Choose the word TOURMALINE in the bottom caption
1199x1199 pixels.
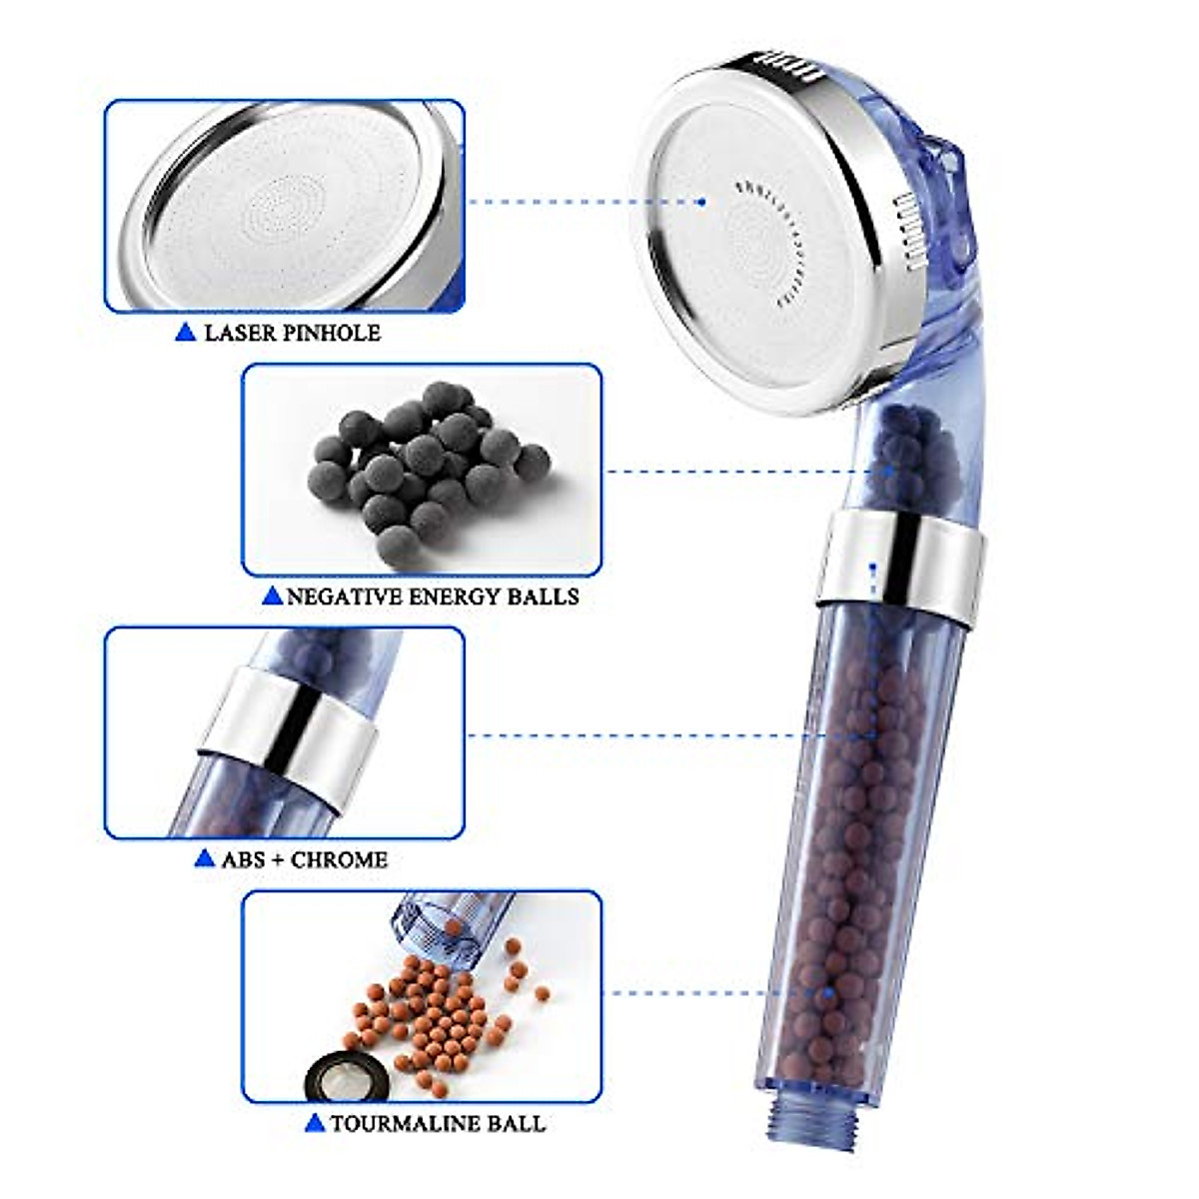pyautogui.click(x=407, y=1123)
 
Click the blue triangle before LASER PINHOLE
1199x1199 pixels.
pyautogui.click(x=185, y=333)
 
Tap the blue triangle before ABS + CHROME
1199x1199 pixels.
pyautogui.click(x=205, y=858)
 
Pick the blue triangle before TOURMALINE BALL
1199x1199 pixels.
pyautogui.click(x=315, y=1123)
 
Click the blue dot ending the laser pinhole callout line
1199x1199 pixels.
pyautogui.click(x=702, y=202)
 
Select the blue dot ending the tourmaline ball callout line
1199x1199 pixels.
pyautogui.click(x=829, y=993)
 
